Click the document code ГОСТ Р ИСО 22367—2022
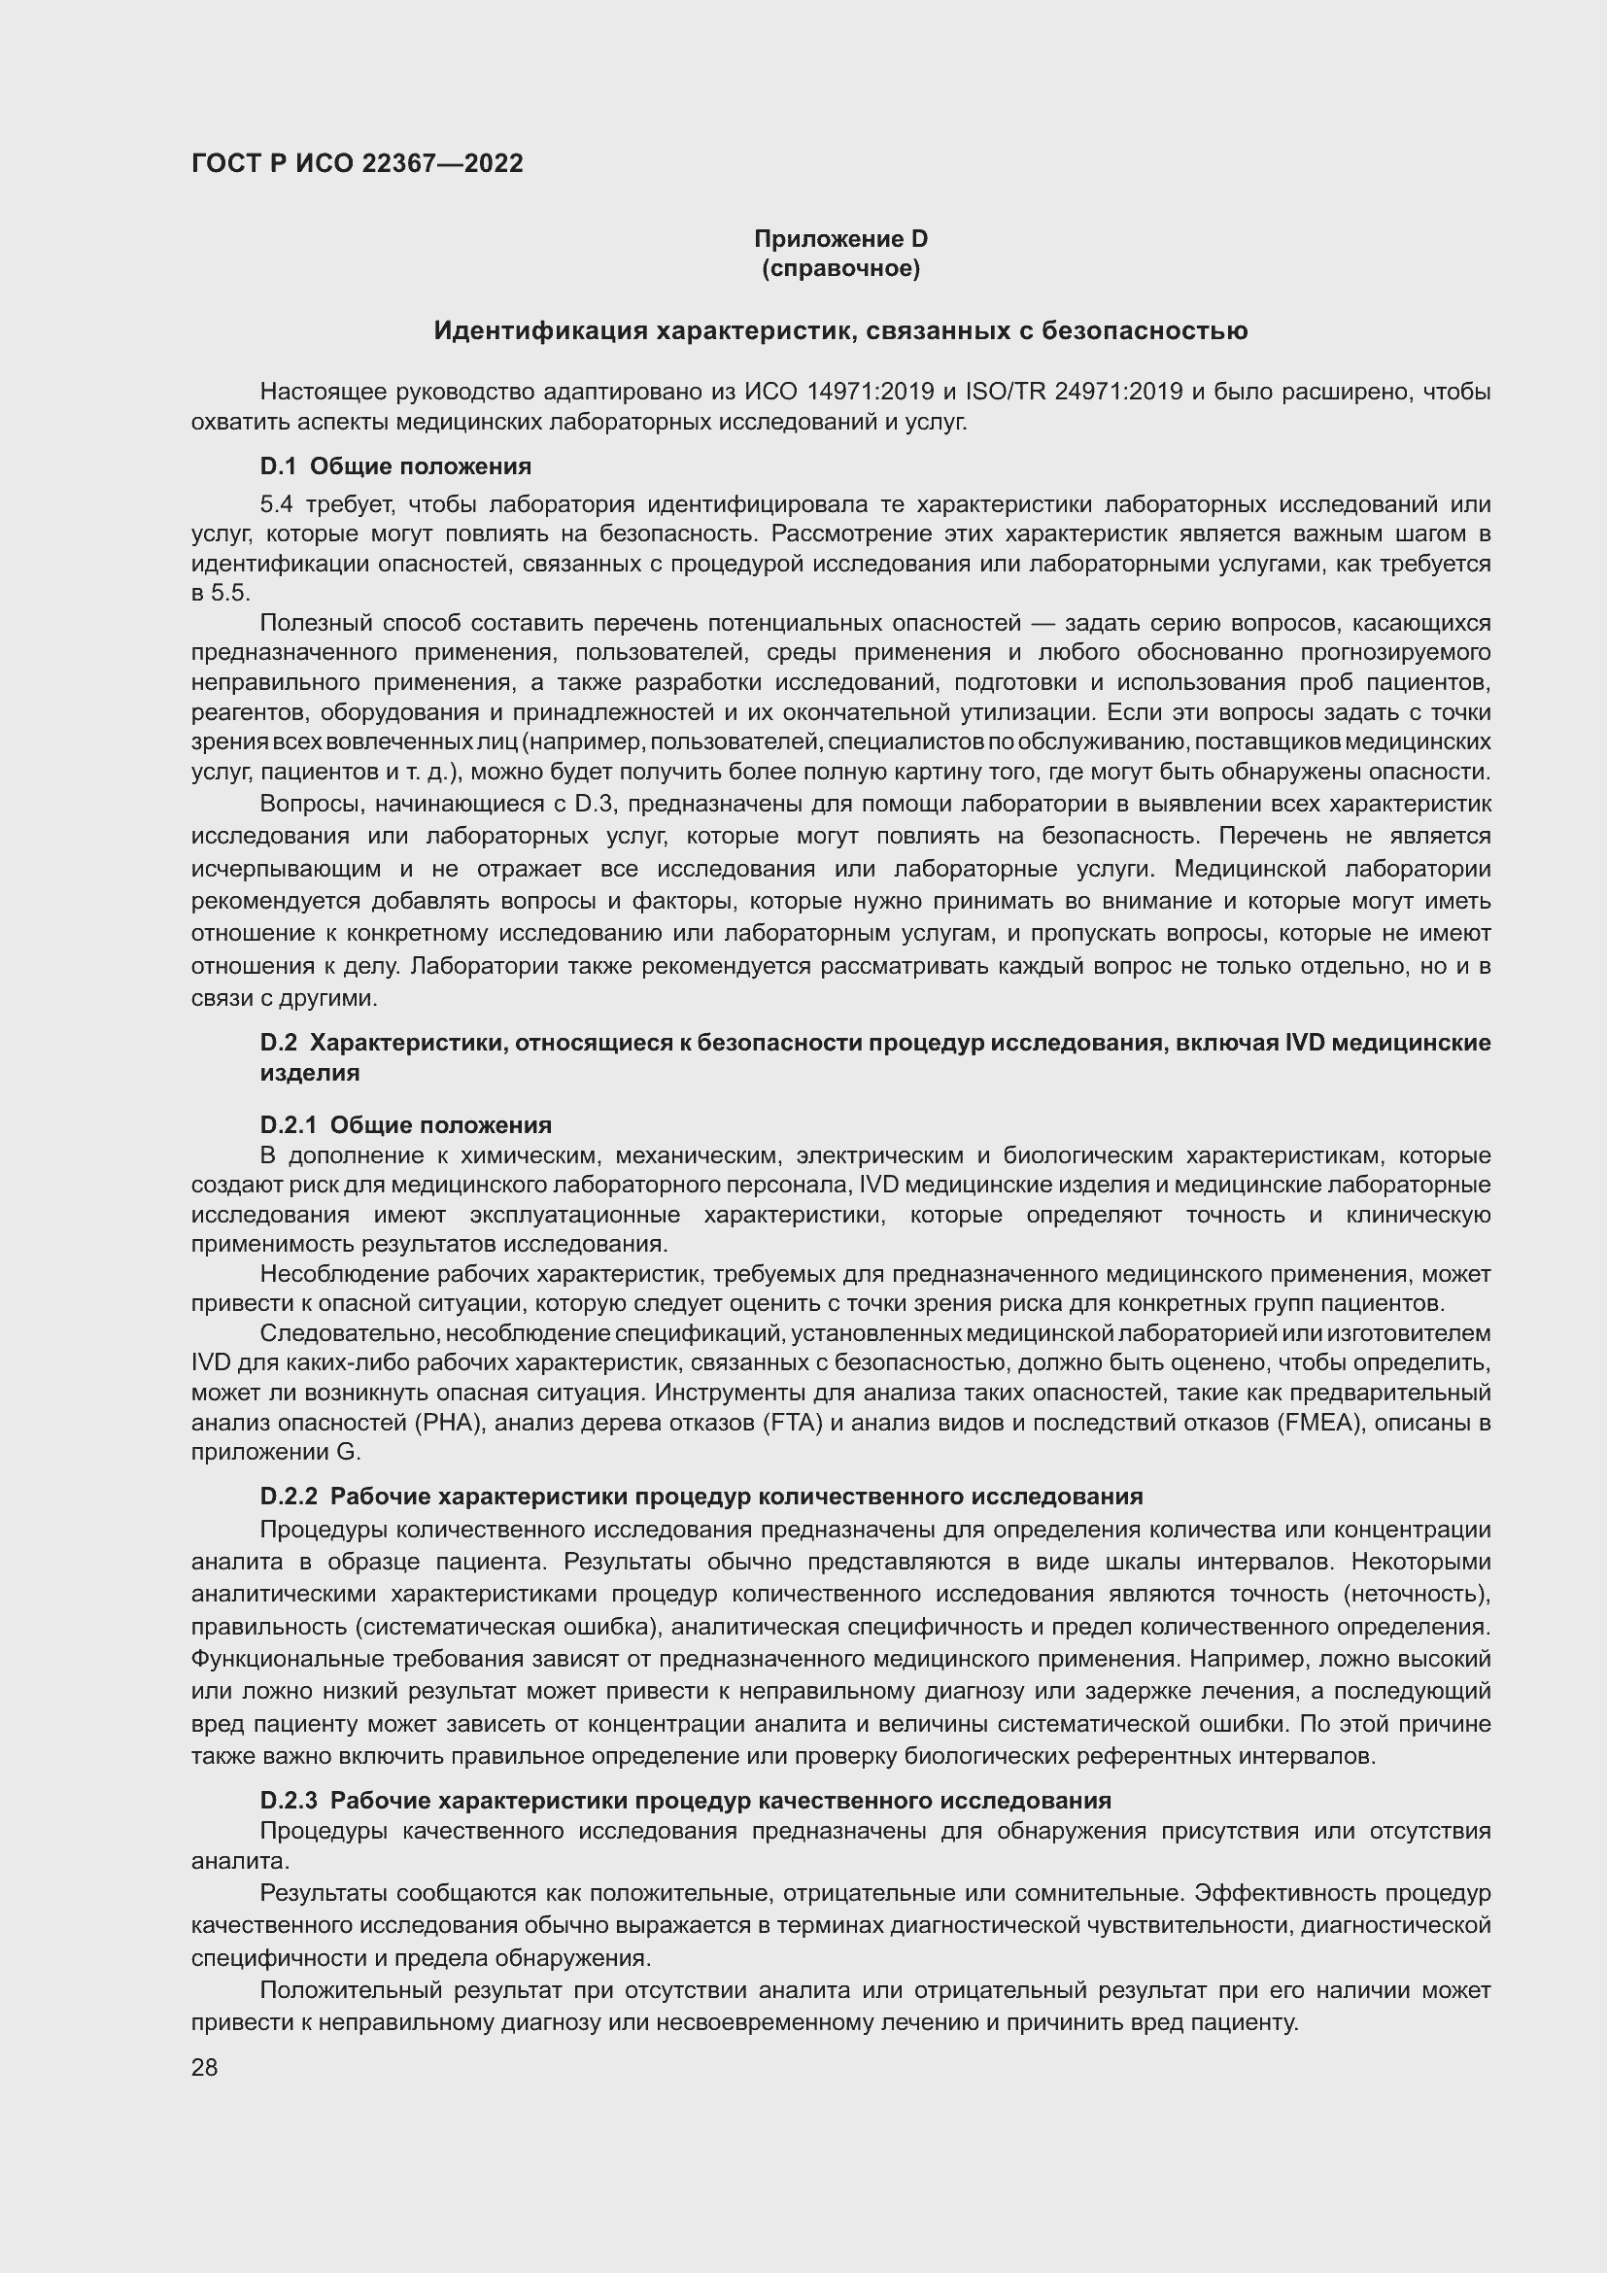pos(358,163)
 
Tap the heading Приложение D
pos(840,239)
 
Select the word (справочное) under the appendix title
pos(840,268)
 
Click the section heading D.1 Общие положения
pos(395,466)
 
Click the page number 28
pos(205,2067)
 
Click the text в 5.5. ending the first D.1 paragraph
pos(221,594)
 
